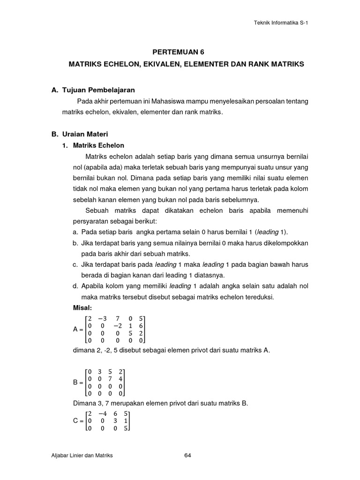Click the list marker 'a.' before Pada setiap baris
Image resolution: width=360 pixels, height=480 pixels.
(x=75, y=232)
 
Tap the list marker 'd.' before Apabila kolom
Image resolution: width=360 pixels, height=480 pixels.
(x=75, y=286)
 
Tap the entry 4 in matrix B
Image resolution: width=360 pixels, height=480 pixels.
(x=120, y=378)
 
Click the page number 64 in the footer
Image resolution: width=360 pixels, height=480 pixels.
(x=187, y=455)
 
